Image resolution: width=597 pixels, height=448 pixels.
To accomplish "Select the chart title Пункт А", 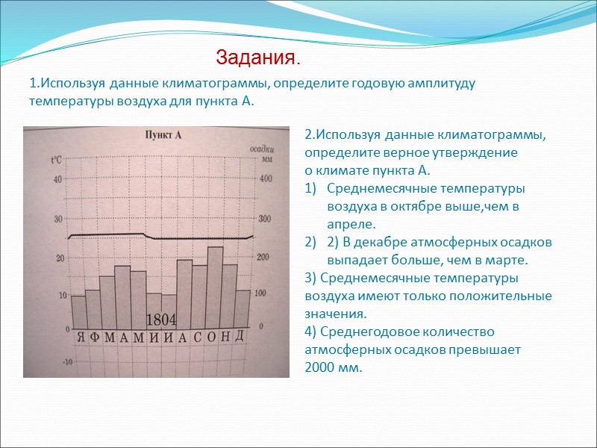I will [163, 135].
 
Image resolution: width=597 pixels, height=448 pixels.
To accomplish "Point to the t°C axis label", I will [56, 160].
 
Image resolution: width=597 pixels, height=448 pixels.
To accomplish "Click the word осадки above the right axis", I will [260, 147].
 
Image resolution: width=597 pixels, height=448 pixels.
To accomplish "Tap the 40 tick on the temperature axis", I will [57, 179].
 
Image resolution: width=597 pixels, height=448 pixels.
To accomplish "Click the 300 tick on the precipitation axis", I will [264, 218].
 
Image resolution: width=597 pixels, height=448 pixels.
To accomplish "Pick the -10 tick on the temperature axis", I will [67, 362].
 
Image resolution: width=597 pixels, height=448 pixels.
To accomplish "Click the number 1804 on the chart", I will [160, 320].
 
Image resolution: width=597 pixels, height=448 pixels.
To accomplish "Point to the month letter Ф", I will [94, 337].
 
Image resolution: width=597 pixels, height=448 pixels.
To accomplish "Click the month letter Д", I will [239, 335].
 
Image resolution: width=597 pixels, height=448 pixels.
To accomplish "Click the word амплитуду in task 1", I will [440, 83].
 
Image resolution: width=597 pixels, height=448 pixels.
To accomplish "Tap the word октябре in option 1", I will [431, 206].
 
